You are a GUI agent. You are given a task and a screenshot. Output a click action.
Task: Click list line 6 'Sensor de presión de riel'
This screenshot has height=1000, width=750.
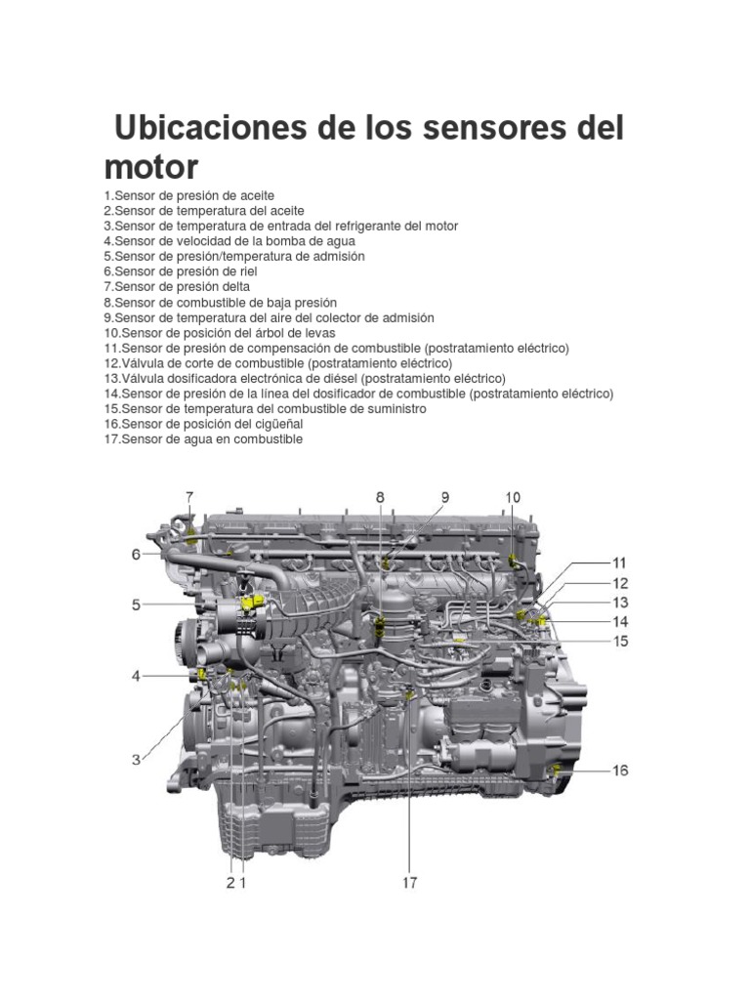click(x=181, y=271)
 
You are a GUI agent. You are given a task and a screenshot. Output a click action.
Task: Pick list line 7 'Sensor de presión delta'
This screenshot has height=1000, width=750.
click(x=177, y=287)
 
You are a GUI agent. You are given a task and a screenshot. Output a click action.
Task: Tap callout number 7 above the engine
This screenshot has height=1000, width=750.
click(x=190, y=497)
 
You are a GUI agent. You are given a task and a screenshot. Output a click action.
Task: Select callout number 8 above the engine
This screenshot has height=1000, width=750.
click(x=380, y=497)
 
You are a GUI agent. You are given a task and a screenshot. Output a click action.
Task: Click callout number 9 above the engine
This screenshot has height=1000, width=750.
click(x=445, y=497)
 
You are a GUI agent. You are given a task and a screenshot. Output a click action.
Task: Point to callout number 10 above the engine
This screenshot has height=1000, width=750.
click(x=513, y=497)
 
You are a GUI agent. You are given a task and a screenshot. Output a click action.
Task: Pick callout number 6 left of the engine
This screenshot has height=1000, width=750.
click(x=137, y=555)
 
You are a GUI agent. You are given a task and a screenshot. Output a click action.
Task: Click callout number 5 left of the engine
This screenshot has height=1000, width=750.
click(x=137, y=605)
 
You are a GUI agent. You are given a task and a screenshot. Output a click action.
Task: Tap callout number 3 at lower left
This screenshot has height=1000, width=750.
click(x=137, y=759)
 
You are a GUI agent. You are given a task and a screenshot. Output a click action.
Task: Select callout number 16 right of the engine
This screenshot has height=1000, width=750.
click(x=620, y=771)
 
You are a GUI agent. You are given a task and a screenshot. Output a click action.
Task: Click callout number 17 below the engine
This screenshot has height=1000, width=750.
click(x=409, y=883)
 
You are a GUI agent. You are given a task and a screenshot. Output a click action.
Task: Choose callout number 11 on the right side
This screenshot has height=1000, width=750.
click(x=619, y=563)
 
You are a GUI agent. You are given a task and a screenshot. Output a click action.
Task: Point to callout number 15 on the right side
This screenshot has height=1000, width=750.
click(x=619, y=642)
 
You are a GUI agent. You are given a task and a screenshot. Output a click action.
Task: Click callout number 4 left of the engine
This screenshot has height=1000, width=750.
click(x=137, y=675)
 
